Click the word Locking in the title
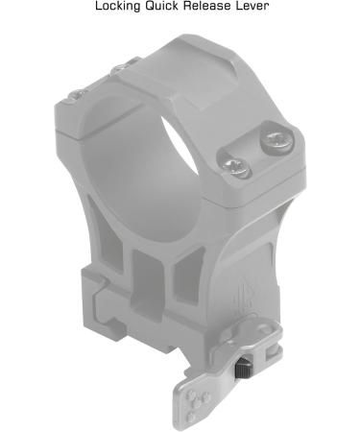(118, 6)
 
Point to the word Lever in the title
(252, 6)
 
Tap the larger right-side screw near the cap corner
(276, 141)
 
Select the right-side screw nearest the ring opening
(236, 167)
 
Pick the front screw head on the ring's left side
(76, 94)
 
